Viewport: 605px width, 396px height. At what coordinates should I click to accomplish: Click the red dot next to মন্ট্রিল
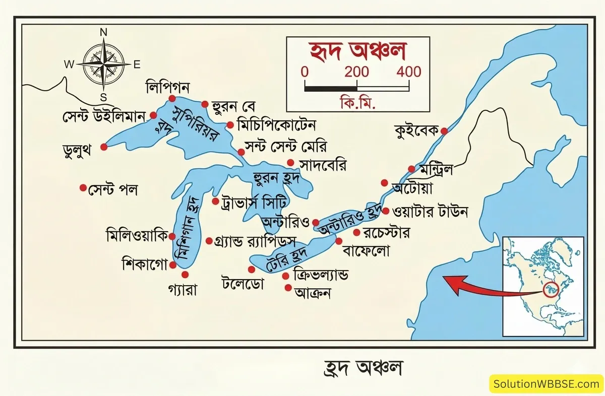pos(412,169)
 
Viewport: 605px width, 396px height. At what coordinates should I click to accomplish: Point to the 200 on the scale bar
pos(357,72)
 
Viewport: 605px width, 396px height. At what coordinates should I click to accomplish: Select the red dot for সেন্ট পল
pos(83,187)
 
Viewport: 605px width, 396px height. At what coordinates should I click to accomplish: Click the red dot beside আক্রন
pos(288,288)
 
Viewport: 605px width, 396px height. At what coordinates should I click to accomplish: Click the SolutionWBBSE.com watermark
pos(547,384)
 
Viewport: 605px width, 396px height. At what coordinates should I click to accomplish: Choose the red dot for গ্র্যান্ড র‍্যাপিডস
pos(209,241)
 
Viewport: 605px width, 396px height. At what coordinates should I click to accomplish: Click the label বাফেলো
pos(366,250)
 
